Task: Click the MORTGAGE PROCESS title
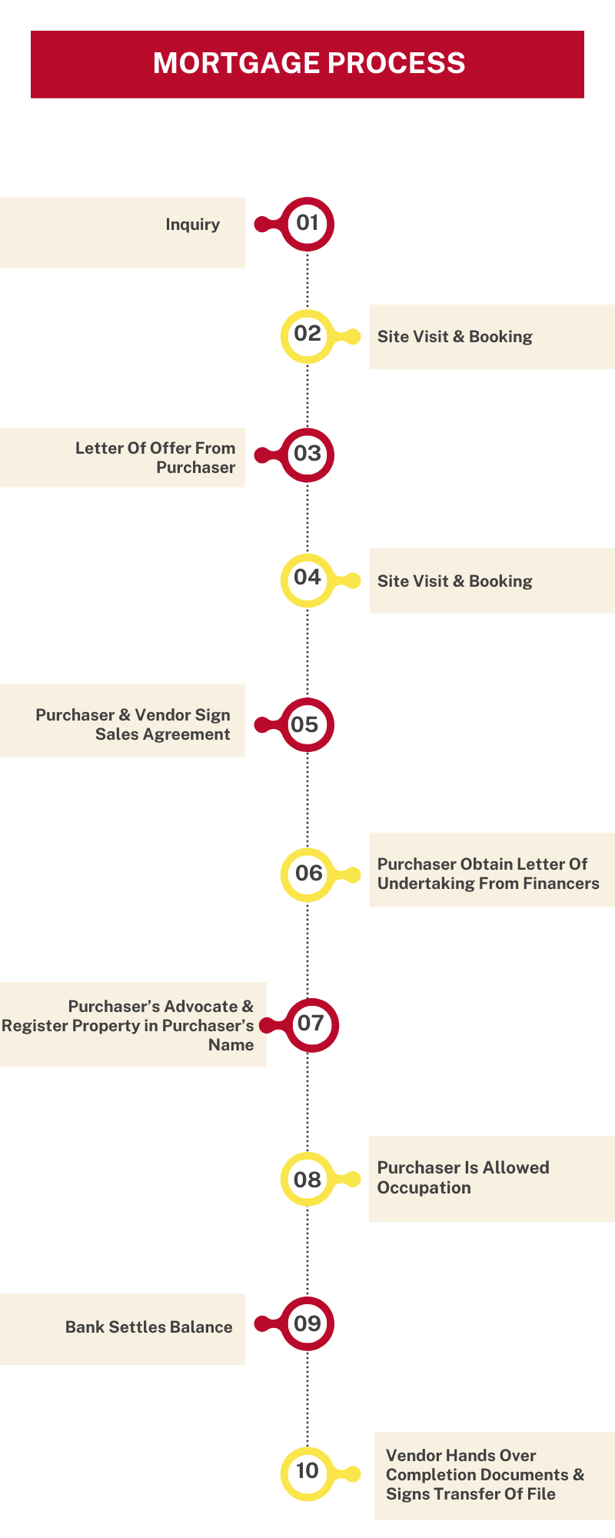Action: (x=308, y=63)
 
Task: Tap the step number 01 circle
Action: (x=307, y=224)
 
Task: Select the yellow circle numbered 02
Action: (x=307, y=335)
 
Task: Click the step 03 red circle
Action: (x=307, y=454)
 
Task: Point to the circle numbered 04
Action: (x=307, y=579)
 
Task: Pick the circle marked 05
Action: (x=306, y=724)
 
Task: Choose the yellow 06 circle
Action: (x=307, y=874)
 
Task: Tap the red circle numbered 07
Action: (x=311, y=1024)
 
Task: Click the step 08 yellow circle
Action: (x=307, y=1179)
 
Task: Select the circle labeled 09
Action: (x=307, y=1323)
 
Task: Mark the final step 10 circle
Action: (x=307, y=1472)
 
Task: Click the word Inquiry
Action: (x=193, y=225)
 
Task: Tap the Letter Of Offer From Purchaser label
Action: (x=155, y=458)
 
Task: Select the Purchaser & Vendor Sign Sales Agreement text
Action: (x=133, y=724)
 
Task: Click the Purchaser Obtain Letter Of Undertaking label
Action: (x=487, y=874)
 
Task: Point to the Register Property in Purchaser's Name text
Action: (x=128, y=1026)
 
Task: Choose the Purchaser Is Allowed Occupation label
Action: (x=463, y=1177)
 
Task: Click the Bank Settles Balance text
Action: (x=148, y=1327)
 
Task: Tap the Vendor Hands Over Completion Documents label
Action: (x=484, y=1474)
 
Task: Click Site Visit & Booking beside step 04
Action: (x=454, y=581)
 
